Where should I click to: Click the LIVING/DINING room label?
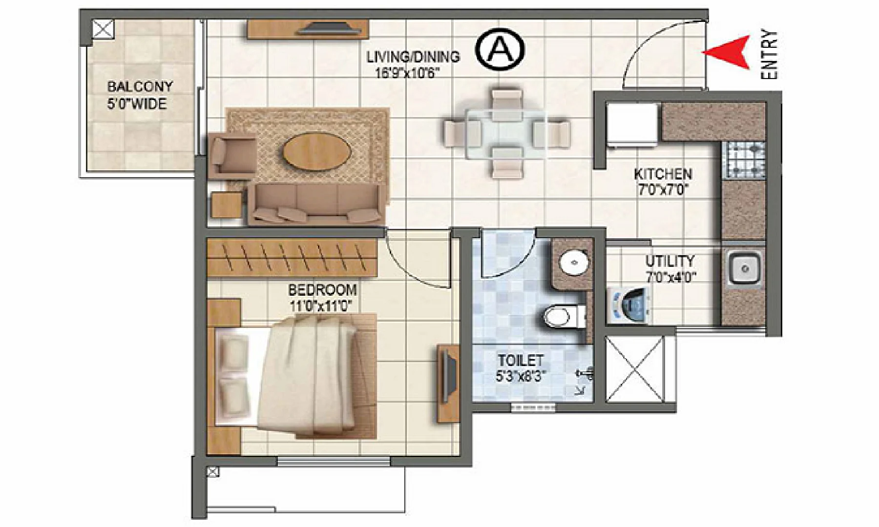[x=413, y=57]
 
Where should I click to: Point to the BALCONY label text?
[x=140, y=87]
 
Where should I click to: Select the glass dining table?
[x=505, y=134]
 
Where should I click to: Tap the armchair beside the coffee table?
[x=232, y=155]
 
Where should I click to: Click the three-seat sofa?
[x=315, y=205]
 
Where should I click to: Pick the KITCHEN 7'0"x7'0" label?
[x=663, y=182]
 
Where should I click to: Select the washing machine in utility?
[x=630, y=304]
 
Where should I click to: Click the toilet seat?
[x=562, y=316]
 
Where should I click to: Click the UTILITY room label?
[x=670, y=261]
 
